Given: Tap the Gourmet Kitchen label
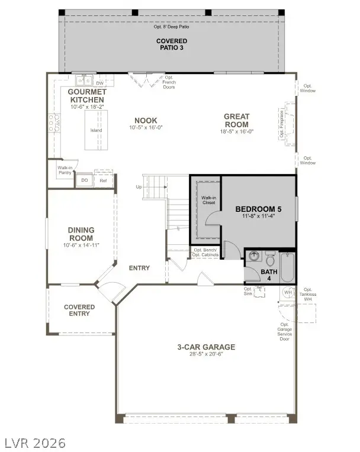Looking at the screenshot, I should click(x=87, y=96).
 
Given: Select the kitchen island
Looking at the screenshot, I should click(x=96, y=130).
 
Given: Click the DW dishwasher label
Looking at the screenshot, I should click(x=100, y=83).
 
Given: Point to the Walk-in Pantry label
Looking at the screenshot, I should click(x=65, y=170).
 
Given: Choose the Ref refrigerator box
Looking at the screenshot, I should click(x=103, y=180).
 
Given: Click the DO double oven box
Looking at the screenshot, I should click(x=85, y=180).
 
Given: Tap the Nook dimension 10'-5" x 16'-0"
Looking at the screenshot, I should click(x=146, y=128).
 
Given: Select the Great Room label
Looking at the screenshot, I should click(x=236, y=120).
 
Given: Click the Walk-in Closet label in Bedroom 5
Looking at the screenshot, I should click(x=208, y=200).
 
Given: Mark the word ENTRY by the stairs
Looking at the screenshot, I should click(x=139, y=268).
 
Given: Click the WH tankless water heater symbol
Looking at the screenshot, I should click(x=288, y=292).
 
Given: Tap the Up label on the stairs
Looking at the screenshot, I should click(x=139, y=187).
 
